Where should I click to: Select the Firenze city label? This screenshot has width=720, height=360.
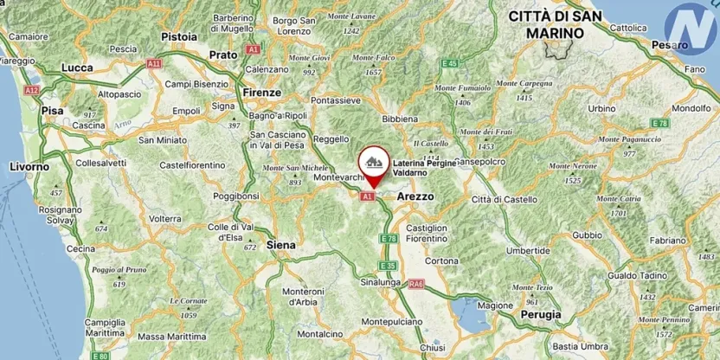[x=262, y=92]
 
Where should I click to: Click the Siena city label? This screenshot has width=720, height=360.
[x=283, y=245]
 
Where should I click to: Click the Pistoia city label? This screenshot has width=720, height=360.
[x=180, y=36]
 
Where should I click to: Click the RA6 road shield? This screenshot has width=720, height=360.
[x=418, y=283]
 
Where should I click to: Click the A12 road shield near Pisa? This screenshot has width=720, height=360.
[x=32, y=90]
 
